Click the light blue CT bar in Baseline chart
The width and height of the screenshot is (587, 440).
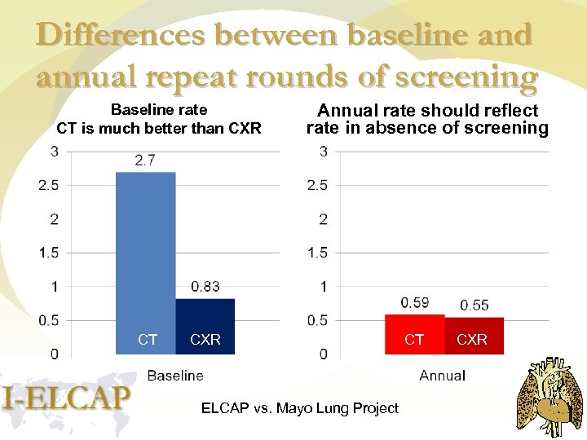(146, 261)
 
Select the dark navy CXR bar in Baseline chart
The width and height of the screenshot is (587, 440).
(205, 326)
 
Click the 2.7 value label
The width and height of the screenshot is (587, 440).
(145, 161)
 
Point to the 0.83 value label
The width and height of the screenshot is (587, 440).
(205, 286)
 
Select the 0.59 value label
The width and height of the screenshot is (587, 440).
(415, 302)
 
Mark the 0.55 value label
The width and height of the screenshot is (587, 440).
(474, 305)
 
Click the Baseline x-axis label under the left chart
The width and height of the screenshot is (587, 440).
(175, 376)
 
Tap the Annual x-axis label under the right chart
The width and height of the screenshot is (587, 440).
(442, 376)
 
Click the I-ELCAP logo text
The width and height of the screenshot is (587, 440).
(67, 398)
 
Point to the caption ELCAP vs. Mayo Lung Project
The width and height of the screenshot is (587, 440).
(300, 408)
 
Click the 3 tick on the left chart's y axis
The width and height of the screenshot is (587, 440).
(54, 151)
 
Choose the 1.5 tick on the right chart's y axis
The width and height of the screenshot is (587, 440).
(318, 253)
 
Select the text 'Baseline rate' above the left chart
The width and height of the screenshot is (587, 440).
(159, 110)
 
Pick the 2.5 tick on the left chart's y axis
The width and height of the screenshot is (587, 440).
(49, 185)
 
